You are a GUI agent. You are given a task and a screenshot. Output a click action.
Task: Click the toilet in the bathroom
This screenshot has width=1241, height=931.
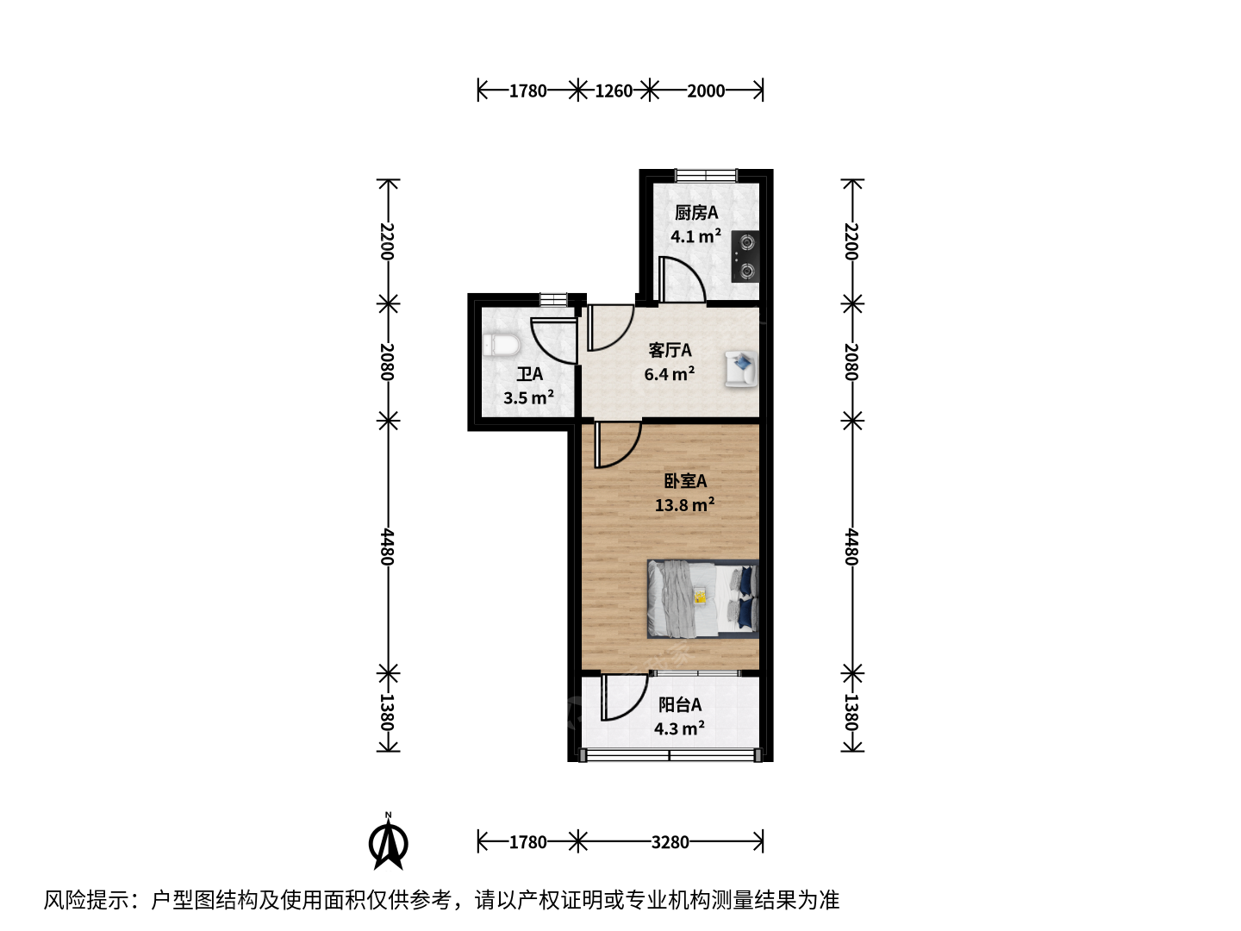[502, 346]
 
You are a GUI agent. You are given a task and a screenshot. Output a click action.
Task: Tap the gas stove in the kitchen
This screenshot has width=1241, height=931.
[745, 257]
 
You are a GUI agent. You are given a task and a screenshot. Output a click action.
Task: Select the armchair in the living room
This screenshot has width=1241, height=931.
[741, 369]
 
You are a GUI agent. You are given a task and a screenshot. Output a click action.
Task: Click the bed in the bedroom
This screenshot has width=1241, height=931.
[702, 599]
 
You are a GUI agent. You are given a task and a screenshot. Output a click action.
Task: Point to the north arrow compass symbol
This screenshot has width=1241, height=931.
[389, 841]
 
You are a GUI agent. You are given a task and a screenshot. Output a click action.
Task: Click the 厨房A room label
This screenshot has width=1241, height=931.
[696, 213]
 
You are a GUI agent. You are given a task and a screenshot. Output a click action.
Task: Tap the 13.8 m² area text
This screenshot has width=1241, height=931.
[684, 504]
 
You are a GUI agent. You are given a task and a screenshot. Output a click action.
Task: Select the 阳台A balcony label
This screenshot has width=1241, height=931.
[680, 705]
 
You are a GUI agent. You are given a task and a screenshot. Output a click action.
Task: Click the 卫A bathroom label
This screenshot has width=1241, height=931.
[530, 374]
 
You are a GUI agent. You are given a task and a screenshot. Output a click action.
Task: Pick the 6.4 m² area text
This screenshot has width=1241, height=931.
[670, 373]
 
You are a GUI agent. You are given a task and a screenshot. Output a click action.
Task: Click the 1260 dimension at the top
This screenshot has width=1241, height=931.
[614, 91]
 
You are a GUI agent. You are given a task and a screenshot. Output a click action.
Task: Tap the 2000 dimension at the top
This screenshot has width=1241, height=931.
[706, 91]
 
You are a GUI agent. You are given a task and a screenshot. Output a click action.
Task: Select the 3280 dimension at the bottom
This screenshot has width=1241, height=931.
[670, 843]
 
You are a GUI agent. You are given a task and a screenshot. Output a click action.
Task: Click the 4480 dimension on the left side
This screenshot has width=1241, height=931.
[387, 547]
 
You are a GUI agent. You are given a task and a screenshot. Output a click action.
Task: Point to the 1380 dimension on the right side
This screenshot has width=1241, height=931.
[851, 712]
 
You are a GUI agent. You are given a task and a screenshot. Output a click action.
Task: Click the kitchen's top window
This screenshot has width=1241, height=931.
[706, 175]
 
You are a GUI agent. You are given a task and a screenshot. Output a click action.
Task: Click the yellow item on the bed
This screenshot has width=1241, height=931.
[700, 597]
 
